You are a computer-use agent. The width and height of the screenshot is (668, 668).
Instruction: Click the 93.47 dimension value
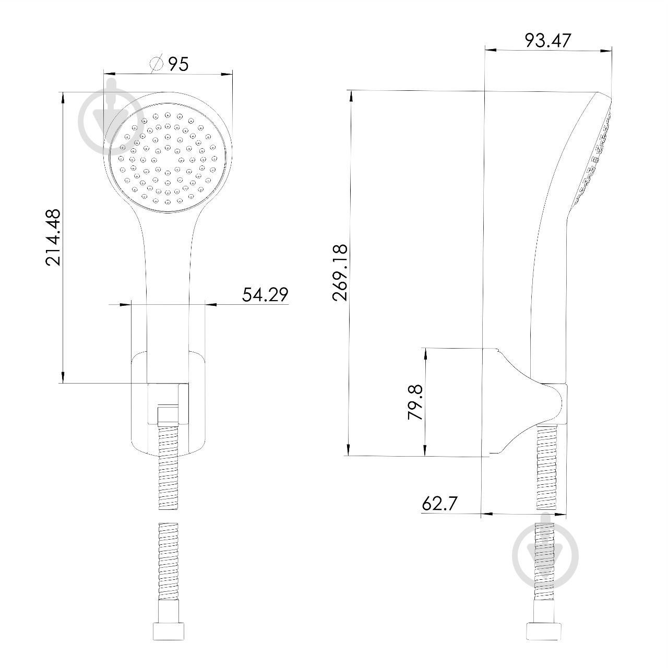(547, 40)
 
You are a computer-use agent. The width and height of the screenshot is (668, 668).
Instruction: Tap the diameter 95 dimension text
(178, 64)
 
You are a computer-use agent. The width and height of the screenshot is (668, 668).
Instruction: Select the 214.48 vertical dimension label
(53, 237)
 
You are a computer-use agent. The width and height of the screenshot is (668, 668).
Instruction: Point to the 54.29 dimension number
(265, 295)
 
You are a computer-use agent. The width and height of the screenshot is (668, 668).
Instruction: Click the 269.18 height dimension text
(340, 272)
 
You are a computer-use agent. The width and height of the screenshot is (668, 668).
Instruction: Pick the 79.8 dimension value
(415, 402)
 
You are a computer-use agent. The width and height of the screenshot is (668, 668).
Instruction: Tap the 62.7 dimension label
(439, 503)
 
